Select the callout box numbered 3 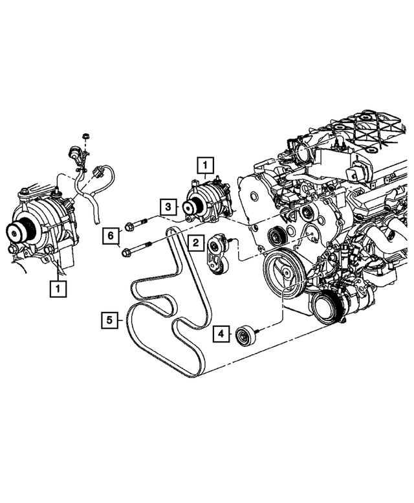167,207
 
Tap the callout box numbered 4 221,334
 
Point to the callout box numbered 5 110,319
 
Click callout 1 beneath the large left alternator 58,288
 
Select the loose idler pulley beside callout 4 245,336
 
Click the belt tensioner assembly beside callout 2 217,255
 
